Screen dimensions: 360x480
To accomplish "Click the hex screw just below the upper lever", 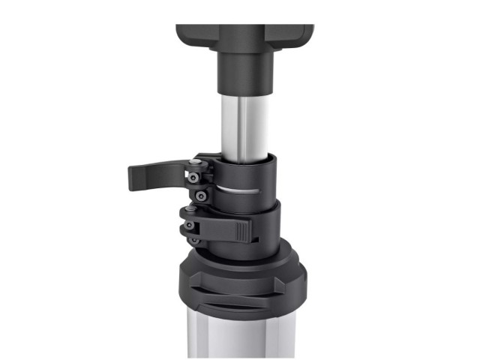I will pyautogui.click(x=194, y=178).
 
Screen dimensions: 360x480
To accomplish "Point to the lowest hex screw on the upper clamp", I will pyautogui.click(x=200, y=196).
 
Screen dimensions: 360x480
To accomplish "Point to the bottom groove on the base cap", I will pyautogui.click(x=240, y=308).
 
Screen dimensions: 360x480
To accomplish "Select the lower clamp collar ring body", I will pyautogui.click(x=266, y=225).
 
